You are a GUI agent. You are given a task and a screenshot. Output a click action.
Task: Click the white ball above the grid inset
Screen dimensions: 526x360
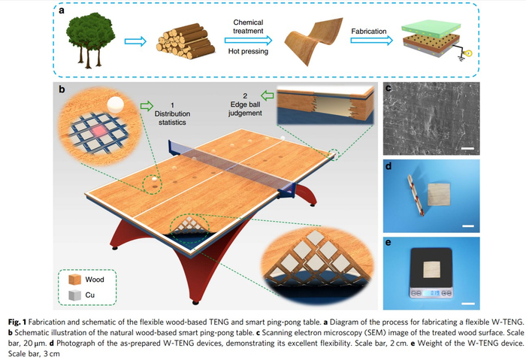tap(115, 104)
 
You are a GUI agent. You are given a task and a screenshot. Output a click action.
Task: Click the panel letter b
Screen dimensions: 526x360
tap(62, 89)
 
